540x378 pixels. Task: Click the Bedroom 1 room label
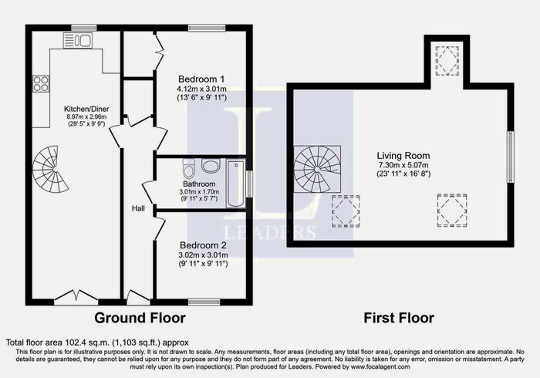tap(201, 79)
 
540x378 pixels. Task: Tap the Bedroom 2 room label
tap(201, 245)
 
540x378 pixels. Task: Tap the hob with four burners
tap(40, 86)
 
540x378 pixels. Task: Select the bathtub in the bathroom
tap(235, 184)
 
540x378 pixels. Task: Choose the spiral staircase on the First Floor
tap(315, 169)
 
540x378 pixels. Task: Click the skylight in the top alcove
tap(446, 61)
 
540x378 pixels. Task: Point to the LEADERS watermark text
tap(268, 231)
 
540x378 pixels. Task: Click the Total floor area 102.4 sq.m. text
tap(96, 343)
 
